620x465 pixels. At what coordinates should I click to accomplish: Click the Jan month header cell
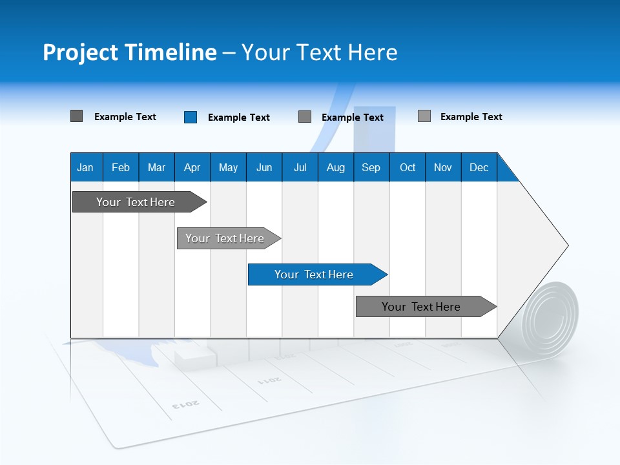(86, 167)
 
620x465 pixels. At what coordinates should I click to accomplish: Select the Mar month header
(156, 167)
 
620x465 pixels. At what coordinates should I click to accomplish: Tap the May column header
(228, 167)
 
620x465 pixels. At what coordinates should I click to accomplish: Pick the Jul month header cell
(300, 167)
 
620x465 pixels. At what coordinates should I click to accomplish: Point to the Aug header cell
(335, 167)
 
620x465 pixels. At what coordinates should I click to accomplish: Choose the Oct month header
(407, 167)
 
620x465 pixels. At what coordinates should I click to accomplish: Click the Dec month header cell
(479, 167)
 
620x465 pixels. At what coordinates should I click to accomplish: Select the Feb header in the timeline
(121, 167)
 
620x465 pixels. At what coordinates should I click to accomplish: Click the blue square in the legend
(191, 117)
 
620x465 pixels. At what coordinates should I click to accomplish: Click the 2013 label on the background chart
(186, 404)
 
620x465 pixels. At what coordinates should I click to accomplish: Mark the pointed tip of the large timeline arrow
(566, 245)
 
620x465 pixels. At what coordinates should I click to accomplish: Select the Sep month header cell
(371, 167)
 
